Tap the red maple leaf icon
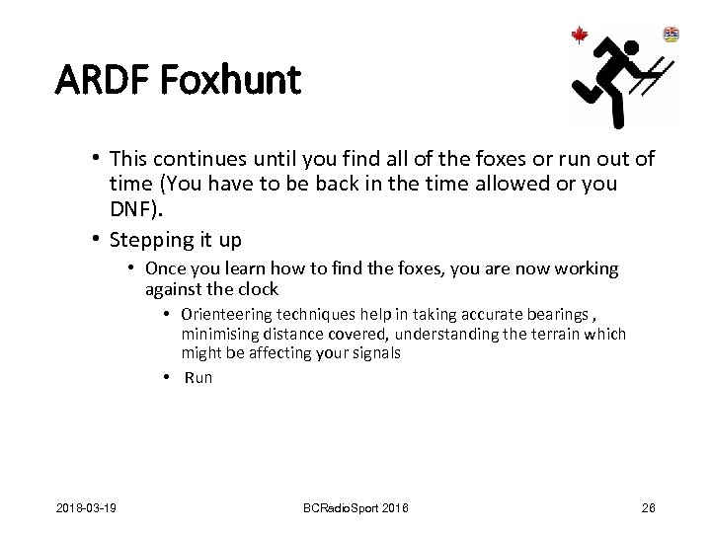[580, 36]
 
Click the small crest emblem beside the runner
[671, 35]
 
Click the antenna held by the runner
[654, 79]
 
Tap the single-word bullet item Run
[198, 377]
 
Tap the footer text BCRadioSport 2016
[355, 507]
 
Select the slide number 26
[649, 507]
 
